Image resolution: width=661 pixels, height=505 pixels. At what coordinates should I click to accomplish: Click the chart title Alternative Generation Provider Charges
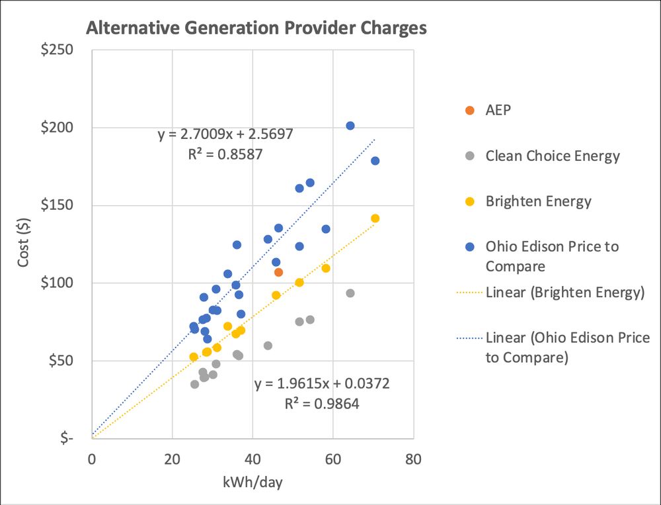click(256, 28)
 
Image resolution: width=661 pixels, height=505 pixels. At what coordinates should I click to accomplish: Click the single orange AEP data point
click(279, 272)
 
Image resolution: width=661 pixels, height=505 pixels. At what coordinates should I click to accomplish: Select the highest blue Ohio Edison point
click(350, 126)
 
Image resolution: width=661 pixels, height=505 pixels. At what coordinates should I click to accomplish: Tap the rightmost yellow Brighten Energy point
click(375, 218)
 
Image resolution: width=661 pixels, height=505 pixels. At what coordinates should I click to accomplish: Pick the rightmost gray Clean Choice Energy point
click(350, 293)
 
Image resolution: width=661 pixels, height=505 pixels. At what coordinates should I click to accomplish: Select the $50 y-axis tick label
click(67, 361)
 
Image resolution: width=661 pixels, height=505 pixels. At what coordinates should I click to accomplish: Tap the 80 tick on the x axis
click(414, 458)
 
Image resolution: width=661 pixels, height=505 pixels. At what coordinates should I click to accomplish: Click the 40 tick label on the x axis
click(253, 458)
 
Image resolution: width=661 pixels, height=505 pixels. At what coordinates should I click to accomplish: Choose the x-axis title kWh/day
click(253, 482)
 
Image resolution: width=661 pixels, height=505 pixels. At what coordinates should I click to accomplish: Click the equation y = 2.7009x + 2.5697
click(225, 134)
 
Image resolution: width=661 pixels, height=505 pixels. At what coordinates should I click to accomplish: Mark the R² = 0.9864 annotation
click(322, 403)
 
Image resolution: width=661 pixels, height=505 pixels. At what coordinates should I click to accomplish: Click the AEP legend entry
click(498, 110)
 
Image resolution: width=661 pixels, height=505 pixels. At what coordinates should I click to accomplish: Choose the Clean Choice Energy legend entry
click(553, 156)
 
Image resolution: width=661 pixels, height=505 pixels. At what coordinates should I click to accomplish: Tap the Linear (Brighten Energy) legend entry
click(564, 292)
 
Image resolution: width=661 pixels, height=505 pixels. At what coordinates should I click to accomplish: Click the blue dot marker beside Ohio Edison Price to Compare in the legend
click(469, 247)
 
